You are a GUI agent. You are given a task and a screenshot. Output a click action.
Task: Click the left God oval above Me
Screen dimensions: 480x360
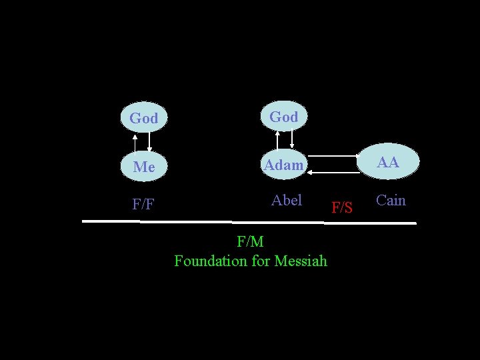pyautogui.click(x=143, y=118)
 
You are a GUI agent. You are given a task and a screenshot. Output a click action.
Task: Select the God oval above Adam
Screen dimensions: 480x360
pyautogui.click(x=283, y=117)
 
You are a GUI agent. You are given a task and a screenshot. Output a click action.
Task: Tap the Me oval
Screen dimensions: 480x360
pyautogui.click(x=143, y=167)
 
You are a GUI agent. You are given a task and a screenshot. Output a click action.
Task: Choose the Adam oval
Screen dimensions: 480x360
pyautogui.click(x=283, y=165)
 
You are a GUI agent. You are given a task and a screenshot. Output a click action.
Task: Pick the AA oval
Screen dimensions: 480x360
pyautogui.click(x=388, y=162)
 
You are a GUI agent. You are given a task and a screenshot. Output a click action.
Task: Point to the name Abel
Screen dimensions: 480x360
pyautogui.click(x=287, y=200)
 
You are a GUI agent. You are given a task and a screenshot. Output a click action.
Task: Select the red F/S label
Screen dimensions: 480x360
pyautogui.click(x=342, y=208)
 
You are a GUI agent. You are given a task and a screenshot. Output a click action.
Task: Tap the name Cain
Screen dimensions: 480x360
pyautogui.click(x=391, y=200)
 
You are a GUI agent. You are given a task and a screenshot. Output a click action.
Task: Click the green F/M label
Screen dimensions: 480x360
pyautogui.click(x=250, y=241)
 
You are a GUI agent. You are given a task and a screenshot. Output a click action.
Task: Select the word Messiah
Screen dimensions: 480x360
pyautogui.click(x=301, y=261)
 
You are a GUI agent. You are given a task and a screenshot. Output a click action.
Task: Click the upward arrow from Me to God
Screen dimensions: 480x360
pyautogui.click(x=135, y=143)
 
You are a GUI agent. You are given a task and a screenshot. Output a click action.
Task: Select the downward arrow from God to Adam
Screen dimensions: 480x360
pyautogui.click(x=292, y=139)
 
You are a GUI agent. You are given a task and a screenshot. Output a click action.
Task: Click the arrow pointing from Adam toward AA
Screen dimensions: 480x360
pyautogui.click(x=333, y=156)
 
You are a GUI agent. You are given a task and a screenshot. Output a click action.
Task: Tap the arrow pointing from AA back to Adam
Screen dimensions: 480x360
pyautogui.click(x=333, y=172)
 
